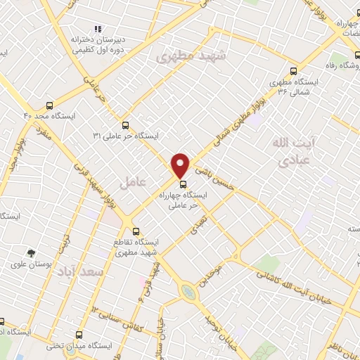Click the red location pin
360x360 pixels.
(x=181, y=165)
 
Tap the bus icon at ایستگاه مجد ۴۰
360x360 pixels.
(x=48, y=101)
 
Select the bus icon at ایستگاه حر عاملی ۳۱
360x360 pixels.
(x=124, y=124)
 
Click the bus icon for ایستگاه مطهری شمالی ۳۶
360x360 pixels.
(x=293, y=70)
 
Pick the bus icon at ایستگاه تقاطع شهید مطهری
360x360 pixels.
(x=136, y=231)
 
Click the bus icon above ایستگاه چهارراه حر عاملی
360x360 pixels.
(x=184, y=186)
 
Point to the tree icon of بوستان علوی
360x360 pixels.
(x=30, y=252)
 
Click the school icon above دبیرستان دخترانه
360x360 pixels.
(x=98, y=29)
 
